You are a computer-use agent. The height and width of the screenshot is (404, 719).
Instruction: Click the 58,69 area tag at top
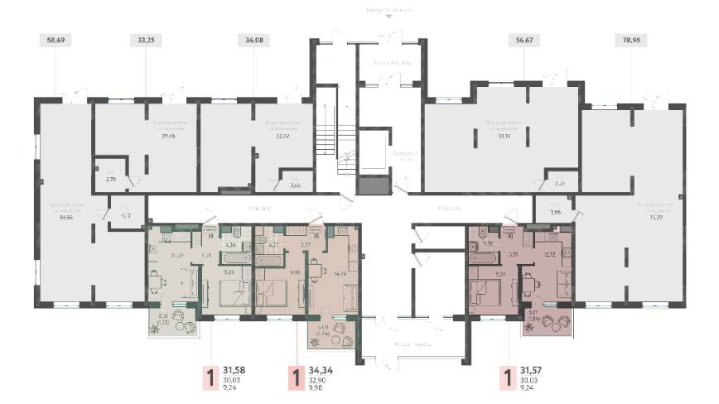(x=55, y=38)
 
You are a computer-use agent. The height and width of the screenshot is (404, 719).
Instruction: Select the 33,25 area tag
(x=147, y=38)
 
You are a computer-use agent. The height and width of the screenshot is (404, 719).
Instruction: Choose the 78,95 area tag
(x=632, y=38)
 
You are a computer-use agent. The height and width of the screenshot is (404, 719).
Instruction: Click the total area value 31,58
(x=240, y=371)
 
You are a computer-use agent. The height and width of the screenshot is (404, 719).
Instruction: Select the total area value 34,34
(x=326, y=371)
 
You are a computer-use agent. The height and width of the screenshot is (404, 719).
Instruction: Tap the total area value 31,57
(x=538, y=371)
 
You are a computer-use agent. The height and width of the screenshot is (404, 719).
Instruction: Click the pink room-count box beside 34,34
(x=296, y=378)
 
